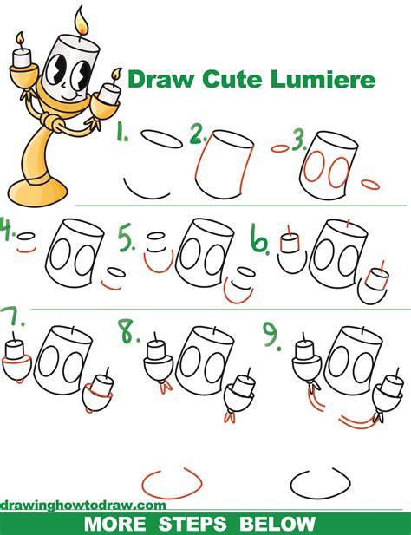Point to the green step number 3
(299, 141)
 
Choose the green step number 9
(272, 336)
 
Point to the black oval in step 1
(161, 140)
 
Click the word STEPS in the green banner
(192, 524)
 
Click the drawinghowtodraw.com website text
(83, 505)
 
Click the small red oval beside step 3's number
(280, 148)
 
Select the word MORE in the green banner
(114, 524)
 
